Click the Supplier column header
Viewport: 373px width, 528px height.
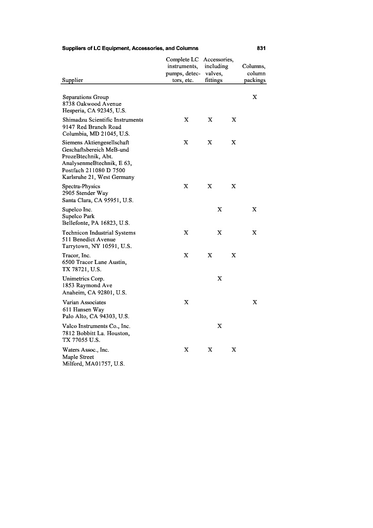click(x=72, y=80)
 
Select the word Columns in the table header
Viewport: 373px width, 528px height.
click(x=254, y=67)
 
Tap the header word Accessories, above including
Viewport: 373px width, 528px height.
click(x=219, y=60)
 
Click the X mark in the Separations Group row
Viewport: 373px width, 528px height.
click(x=254, y=97)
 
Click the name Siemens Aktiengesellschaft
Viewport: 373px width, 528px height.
click(x=95, y=142)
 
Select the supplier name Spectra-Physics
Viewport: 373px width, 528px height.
click(x=81, y=186)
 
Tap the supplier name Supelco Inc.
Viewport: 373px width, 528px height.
click(x=77, y=209)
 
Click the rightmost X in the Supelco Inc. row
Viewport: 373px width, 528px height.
click(x=254, y=209)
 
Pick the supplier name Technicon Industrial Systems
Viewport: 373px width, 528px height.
click(x=99, y=233)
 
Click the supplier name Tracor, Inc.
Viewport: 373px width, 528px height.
click(x=76, y=255)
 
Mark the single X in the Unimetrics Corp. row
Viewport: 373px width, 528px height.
click(x=220, y=278)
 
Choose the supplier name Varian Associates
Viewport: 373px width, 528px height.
click(x=84, y=302)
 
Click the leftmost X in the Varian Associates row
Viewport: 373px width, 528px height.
click(x=186, y=302)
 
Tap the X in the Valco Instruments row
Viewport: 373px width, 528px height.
click(x=220, y=326)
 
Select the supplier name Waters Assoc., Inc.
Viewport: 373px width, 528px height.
click(x=86, y=349)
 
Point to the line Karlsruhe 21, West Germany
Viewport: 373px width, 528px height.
click(x=98, y=177)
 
